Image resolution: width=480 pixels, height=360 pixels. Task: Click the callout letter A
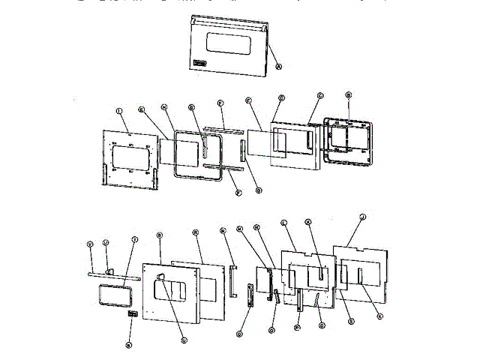(x=279, y=66)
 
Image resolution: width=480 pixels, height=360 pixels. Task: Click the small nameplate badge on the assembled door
(x=201, y=63)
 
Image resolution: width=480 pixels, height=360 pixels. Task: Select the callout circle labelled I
(x=119, y=111)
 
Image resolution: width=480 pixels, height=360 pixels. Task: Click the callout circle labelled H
(x=163, y=107)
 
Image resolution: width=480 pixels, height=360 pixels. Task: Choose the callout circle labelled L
(x=283, y=223)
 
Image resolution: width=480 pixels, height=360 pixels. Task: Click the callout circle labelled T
(x=135, y=240)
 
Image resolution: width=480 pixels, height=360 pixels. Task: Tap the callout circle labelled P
(x=297, y=327)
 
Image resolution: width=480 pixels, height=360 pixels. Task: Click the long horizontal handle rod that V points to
(x=112, y=275)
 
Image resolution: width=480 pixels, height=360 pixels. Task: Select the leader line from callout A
(x=273, y=53)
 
